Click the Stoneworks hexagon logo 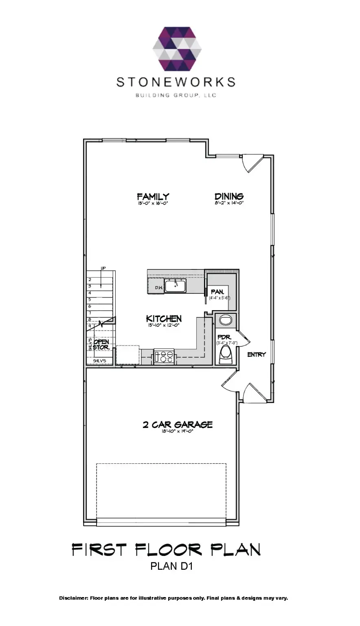pos(177,49)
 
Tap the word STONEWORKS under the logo pos(176,82)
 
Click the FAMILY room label pos(153,196)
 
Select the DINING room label pos(229,196)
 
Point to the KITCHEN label pos(164,318)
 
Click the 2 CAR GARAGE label pos(178,425)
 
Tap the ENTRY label pos(256,355)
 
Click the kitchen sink pos(175,286)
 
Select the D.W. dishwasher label pos(158,288)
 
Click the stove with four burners pos(164,357)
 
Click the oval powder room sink pos(225,319)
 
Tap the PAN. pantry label pos(217,292)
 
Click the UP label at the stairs pos(103,268)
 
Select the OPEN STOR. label pos(101,345)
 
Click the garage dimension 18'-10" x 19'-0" pos(177,431)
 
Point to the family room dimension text pos(153,203)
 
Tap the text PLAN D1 pos(171,566)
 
